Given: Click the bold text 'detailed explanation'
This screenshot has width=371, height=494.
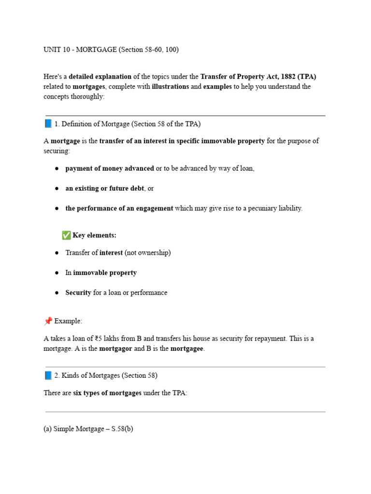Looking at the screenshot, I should (x=100, y=77).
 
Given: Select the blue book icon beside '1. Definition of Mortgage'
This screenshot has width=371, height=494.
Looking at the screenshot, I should (x=48, y=123).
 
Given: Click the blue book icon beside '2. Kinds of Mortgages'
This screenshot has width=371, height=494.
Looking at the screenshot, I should (x=48, y=375).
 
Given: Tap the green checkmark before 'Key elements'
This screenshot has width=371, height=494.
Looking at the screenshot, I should (x=66, y=235).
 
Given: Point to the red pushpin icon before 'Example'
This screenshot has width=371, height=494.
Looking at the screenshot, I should (x=48, y=321).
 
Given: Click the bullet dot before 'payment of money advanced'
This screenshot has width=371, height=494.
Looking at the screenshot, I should (x=57, y=169).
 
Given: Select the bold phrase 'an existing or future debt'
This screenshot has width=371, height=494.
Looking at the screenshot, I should (x=104, y=189).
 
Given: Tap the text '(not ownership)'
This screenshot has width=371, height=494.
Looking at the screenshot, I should (x=147, y=253).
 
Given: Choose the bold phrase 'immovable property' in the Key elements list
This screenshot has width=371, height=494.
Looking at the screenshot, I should (x=105, y=273).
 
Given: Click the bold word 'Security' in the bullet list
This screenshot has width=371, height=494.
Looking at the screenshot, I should (x=78, y=292).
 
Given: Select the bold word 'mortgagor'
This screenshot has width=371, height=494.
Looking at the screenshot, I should (x=115, y=349).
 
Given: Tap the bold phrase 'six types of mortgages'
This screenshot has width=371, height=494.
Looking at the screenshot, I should (x=107, y=393).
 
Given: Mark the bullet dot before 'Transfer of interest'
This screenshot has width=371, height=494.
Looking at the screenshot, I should (x=57, y=253).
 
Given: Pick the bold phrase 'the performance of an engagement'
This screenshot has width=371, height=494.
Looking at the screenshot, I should (x=119, y=208).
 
